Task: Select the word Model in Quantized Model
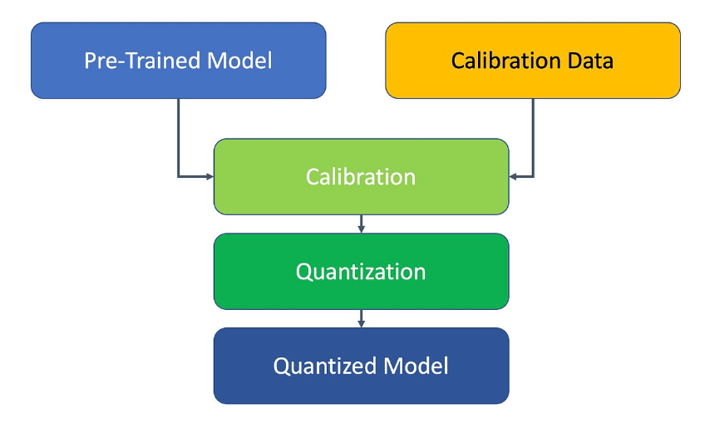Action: [x=414, y=366]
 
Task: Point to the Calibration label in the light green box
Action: [x=361, y=177]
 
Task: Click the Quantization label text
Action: [x=361, y=272]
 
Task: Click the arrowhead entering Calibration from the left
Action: [x=209, y=176]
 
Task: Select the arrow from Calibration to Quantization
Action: [x=361, y=224]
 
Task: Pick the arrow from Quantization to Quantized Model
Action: [x=361, y=318]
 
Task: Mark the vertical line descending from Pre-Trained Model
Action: [x=179, y=133]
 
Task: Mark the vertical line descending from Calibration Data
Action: [x=533, y=133]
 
